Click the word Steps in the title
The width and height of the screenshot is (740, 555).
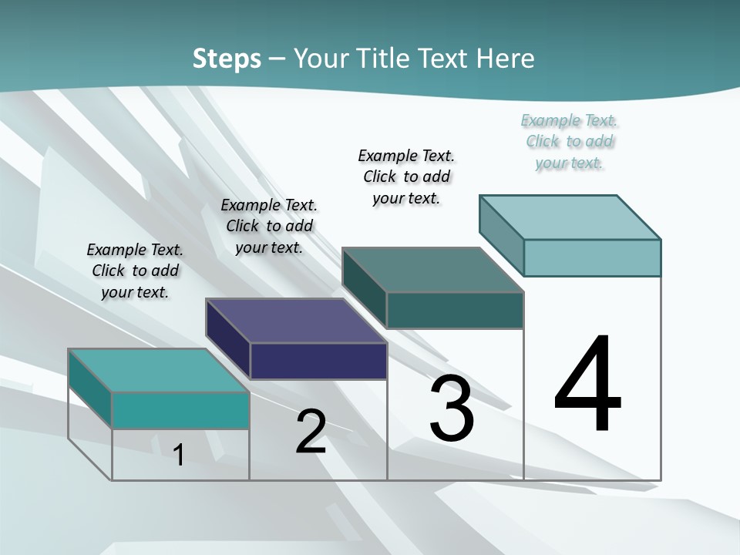click(x=227, y=59)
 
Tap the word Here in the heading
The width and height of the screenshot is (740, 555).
click(x=505, y=59)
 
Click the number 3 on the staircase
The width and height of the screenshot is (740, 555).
click(x=452, y=409)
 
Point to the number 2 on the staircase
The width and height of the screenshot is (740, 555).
click(x=311, y=432)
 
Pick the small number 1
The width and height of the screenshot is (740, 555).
click(x=179, y=455)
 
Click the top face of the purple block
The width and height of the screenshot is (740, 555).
click(x=296, y=321)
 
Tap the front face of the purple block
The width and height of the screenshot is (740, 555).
click(x=318, y=361)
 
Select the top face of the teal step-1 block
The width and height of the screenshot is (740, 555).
click(x=159, y=371)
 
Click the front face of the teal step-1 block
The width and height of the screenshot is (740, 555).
click(x=180, y=410)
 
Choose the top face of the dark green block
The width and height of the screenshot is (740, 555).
click(x=432, y=270)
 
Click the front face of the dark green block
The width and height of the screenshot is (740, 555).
click(x=455, y=310)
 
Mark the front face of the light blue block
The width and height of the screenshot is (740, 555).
click(x=592, y=257)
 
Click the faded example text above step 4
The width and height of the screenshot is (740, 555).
click(x=570, y=142)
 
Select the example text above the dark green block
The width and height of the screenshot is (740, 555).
click(x=406, y=177)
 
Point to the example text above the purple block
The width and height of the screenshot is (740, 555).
click(x=269, y=226)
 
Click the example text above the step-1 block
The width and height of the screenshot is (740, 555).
click(x=135, y=271)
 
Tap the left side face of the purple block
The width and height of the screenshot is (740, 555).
click(x=228, y=339)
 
